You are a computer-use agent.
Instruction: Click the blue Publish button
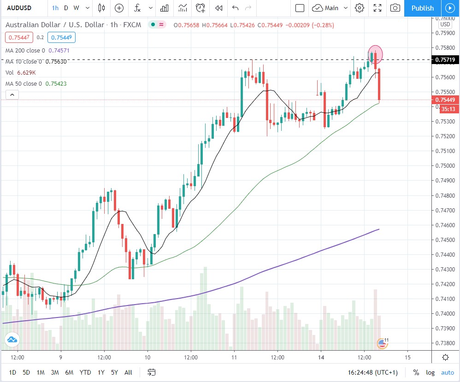coord(422,8)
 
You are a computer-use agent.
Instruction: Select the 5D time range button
coord(26,372)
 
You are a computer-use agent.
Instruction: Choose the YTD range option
coord(85,372)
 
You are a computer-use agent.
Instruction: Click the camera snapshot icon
coord(395,8)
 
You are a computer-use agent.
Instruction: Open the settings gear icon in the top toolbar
coord(360,8)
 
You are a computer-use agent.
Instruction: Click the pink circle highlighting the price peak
coord(375,53)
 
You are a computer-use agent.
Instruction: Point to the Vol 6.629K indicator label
coord(21,72)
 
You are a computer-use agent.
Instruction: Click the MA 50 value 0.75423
coord(56,83)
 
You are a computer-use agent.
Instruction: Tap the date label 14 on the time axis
coord(321,357)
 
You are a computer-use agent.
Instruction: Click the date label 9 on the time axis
coord(60,357)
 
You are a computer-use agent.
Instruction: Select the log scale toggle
coord(430,372)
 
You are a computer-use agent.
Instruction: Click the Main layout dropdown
coord(330,8)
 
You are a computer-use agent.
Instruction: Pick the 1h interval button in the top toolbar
coord(55,8)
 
